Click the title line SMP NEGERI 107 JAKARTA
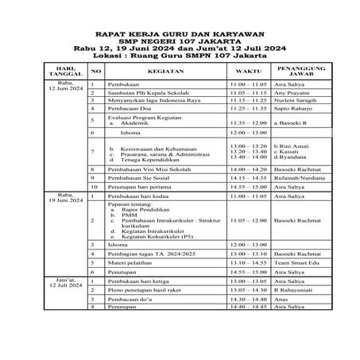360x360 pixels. coord(180,41)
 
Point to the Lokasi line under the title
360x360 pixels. coord(180,56)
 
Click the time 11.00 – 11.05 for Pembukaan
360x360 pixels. coord(248,84)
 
